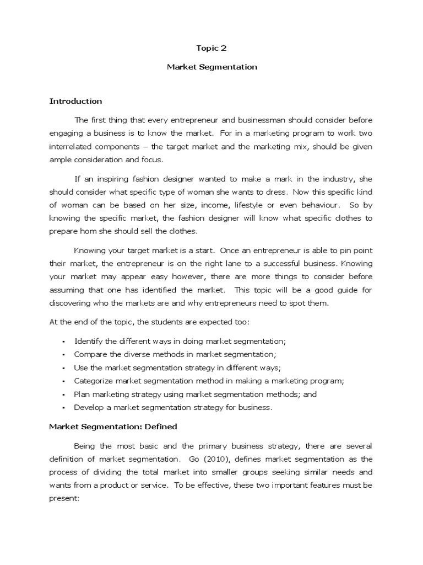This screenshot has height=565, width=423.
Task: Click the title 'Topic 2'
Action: pos(211,48)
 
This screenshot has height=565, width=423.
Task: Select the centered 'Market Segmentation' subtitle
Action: pos(211,67)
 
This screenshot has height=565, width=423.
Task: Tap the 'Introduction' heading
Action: pos(75,101)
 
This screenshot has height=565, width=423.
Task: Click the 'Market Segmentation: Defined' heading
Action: pos(113,427)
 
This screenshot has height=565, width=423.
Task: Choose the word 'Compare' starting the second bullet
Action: pos(91,354)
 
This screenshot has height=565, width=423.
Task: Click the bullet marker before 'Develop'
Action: pos(64,408)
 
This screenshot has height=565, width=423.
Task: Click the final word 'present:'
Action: pos(65,499)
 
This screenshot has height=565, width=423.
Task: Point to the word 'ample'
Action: pos(60,160)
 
